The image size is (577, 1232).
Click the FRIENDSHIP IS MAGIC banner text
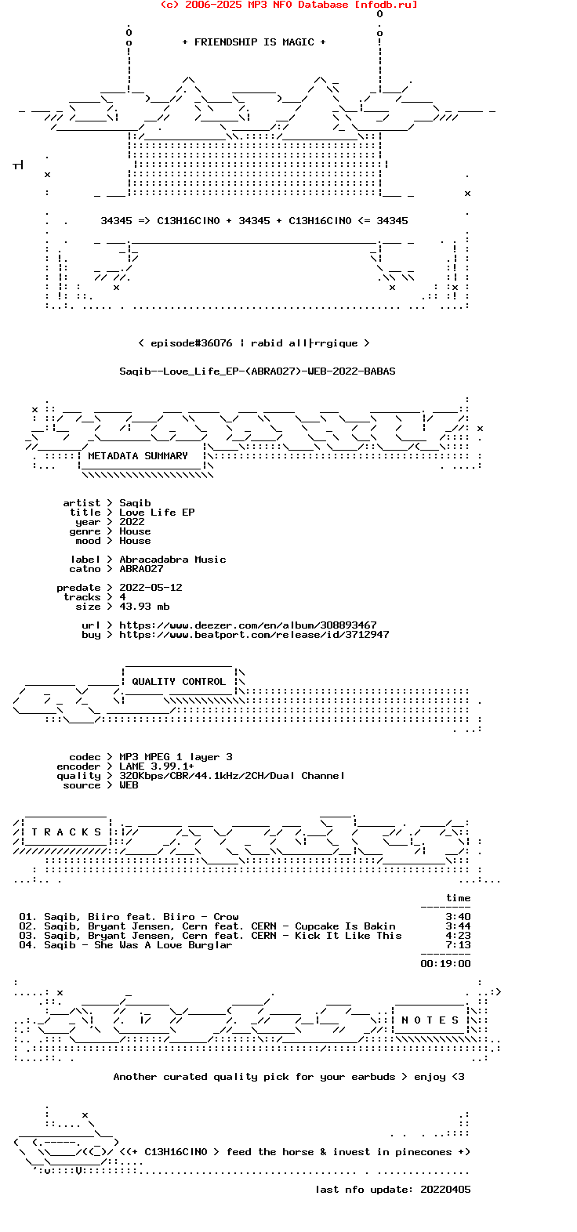[254, 42]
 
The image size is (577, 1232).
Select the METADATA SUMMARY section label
[137, 456]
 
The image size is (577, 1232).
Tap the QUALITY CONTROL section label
[179, 682]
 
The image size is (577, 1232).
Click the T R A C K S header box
[67, 832]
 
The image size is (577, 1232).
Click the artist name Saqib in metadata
[135, 502]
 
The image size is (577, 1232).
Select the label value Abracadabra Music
[172, 560]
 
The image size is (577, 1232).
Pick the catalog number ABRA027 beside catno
[141, 569]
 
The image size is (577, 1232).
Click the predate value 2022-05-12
[151, 588]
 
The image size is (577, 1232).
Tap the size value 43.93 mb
[145, 606]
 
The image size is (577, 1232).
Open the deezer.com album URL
[248, 625]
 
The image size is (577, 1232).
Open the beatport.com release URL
[254, 635]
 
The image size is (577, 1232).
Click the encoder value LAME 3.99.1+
[157, 766]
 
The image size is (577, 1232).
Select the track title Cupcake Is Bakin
[346, 926]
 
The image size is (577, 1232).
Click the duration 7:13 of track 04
[458, 945]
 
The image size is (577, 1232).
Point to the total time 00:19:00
[445, 964]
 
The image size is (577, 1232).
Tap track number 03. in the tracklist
[28, 936]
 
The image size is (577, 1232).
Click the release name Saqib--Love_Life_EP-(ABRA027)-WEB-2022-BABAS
[257, 371]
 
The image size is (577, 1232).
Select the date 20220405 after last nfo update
[445, 1190]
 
